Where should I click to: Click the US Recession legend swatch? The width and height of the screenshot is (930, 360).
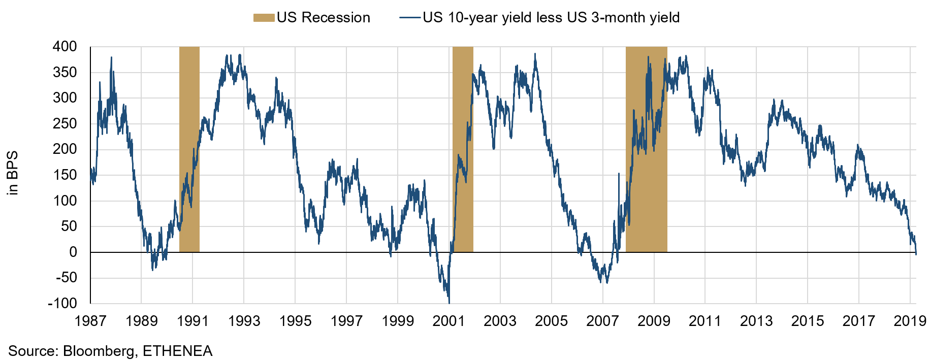click(264, 18)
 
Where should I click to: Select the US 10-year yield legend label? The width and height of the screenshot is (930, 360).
click(551, 18)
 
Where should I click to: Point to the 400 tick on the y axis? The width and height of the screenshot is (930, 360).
click(65, 47)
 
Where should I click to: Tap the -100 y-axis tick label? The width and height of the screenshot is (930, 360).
click(62, 303)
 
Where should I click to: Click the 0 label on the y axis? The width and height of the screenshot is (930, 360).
click(73, 252)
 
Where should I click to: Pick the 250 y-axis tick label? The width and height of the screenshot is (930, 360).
click(65, 123)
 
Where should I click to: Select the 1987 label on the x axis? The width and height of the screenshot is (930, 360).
click(90, 321)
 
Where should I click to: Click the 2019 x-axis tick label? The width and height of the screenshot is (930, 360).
click(910, 321)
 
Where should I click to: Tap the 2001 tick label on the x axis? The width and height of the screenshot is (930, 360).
click(449, 321)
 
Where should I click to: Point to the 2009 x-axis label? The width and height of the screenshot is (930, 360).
click(654, 321)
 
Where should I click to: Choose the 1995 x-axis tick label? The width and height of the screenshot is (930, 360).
click(295, 321)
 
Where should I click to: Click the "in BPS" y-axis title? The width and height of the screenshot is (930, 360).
click(13, 173)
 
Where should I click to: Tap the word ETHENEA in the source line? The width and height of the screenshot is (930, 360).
click(177, 351)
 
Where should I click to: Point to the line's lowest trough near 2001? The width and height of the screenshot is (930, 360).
click(449, 303)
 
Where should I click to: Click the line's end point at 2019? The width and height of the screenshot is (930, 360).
click(916, 254)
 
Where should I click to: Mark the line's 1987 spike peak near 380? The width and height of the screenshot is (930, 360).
click(111, 57)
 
